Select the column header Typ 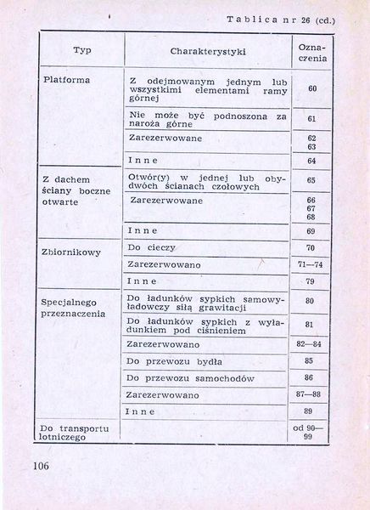82,50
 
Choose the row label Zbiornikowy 70,252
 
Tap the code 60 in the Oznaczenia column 311,88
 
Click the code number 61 311,119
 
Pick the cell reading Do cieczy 151,247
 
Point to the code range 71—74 311,264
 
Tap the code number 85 309,360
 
